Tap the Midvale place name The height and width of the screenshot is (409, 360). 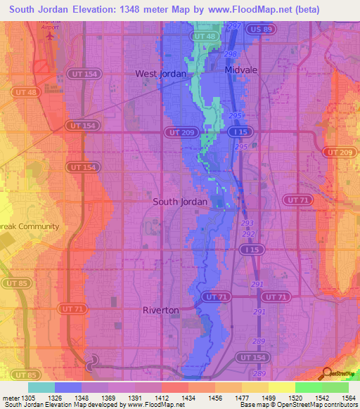point(242,71)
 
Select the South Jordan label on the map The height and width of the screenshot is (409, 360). point(180,202)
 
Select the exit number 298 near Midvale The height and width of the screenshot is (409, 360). point(230,54)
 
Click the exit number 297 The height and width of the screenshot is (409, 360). point(233,25)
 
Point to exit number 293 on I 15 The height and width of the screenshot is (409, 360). point(247,223)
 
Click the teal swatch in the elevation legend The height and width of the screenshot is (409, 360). point(41,387)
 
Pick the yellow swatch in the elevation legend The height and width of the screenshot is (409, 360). point(282,387)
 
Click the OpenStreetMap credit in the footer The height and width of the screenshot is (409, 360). point(328,405)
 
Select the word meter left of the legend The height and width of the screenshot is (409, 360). point(10,397)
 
